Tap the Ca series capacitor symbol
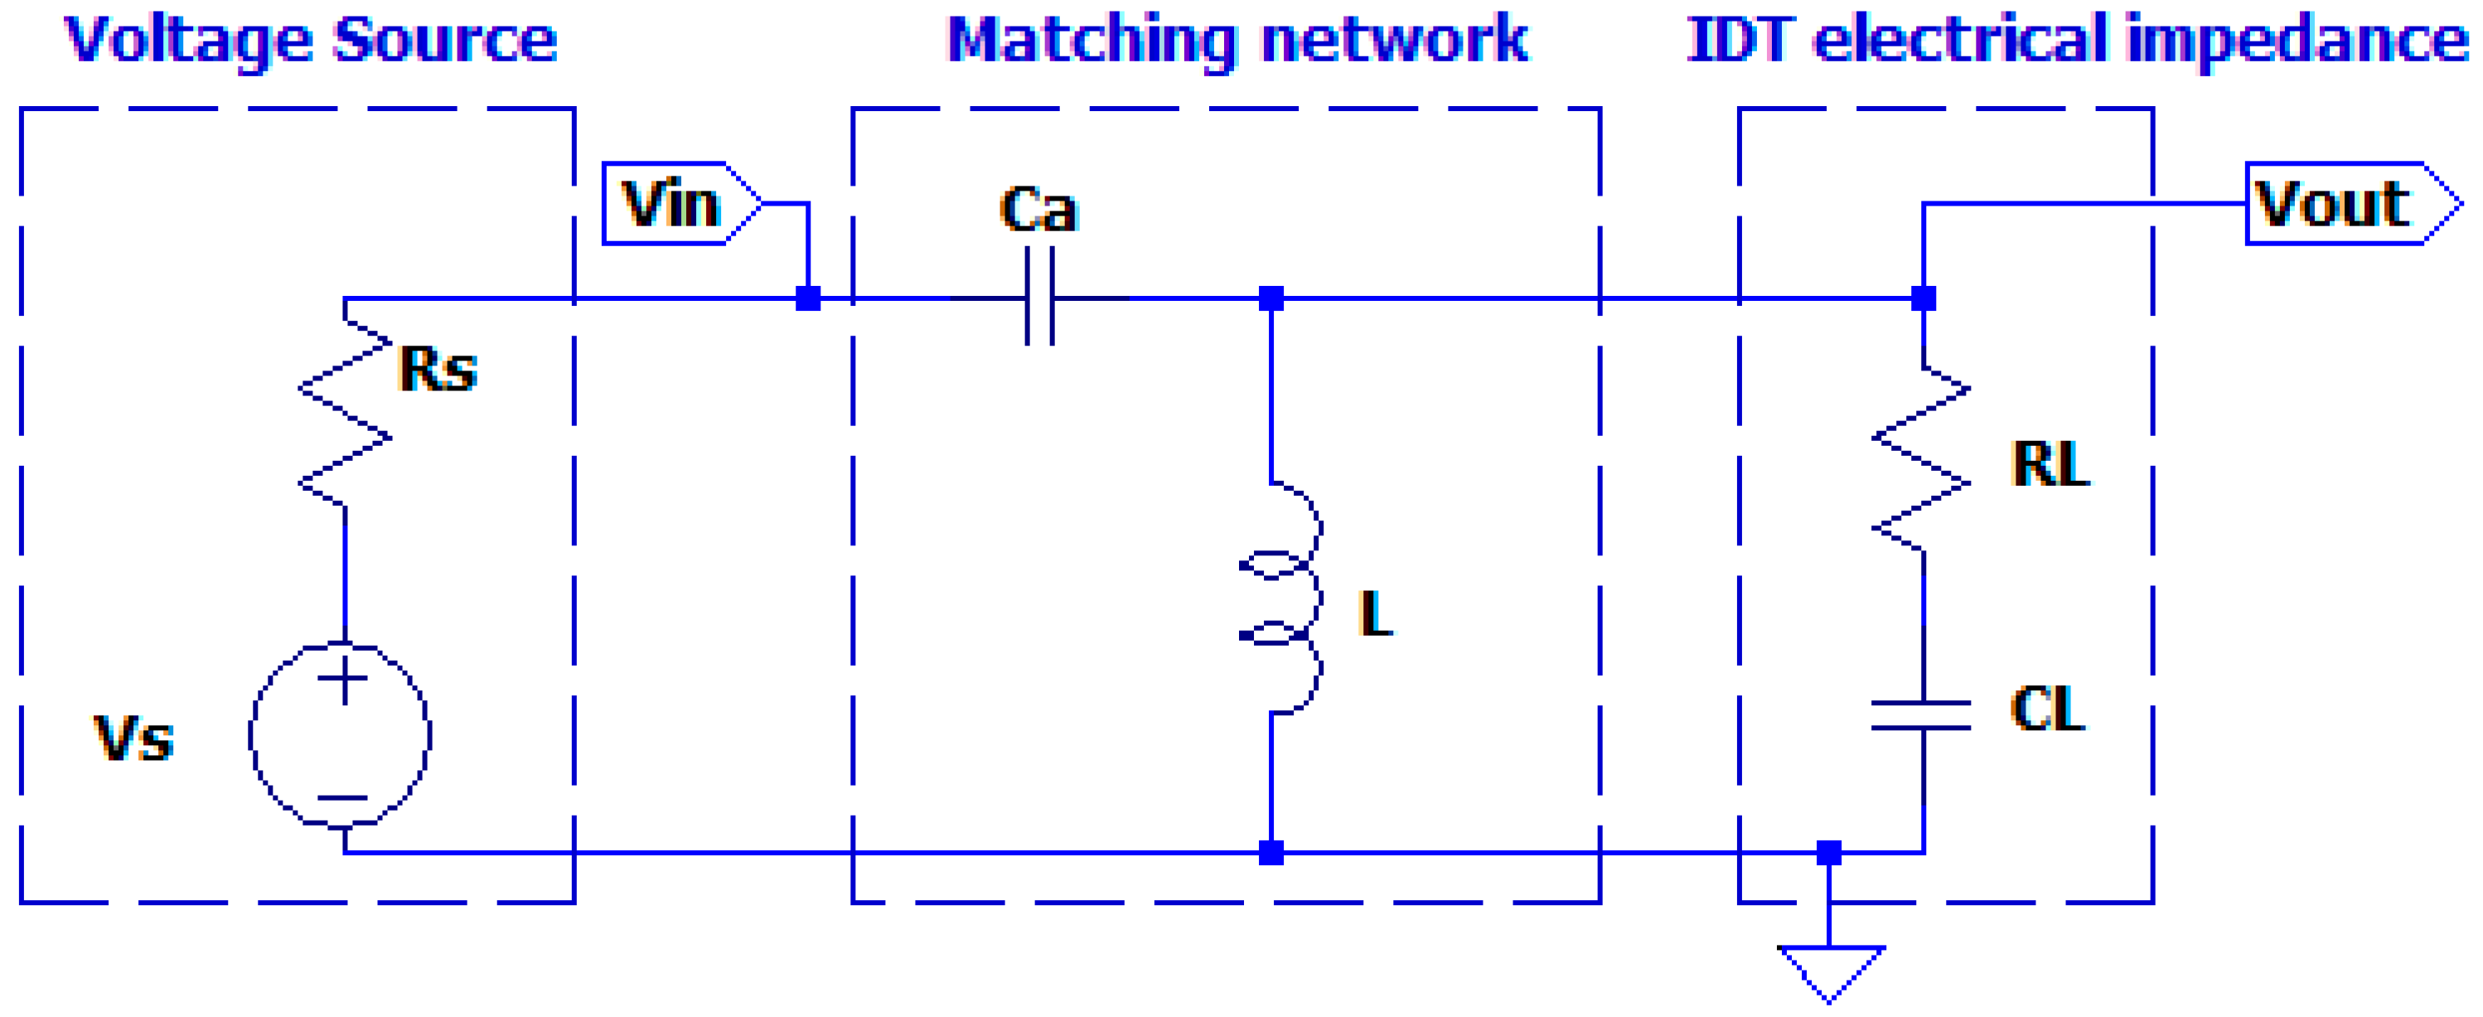tap(1039, 297)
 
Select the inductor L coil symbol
tap(1282, 598)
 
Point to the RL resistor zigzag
tap(1922, 459)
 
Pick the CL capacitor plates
tap(1922, 715)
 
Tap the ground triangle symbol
tap(1829, 970)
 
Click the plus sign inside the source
tap(343, 680)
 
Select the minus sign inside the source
tap(343, 797)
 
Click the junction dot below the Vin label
tap(808, 298)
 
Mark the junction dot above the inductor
tap(1271, 298)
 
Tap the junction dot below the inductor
tap(1271, 852)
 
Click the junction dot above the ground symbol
tap(1828, 852)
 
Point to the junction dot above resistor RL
tap(1923, 298)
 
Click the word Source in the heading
tap(444, 41)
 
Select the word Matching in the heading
tap(1092, 41)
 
